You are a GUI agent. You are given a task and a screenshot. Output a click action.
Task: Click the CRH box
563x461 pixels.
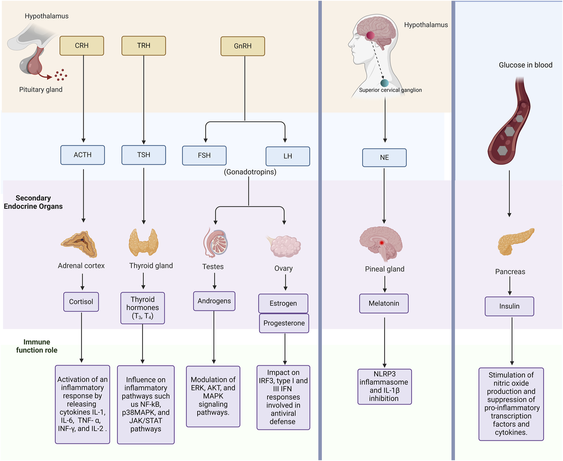tap(82, 46)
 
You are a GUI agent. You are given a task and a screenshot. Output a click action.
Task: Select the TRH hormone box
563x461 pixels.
tap(144, 46)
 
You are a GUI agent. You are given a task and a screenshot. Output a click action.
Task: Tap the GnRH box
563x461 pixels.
tap(243, 46)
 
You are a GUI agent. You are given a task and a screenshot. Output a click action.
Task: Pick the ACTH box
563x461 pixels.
tap(83, 155)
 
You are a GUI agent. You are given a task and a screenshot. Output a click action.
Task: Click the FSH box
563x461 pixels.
tap(204, 156)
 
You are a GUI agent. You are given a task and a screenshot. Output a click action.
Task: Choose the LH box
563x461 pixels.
tap(288, 156)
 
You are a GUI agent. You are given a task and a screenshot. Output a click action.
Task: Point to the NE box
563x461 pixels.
tap(384, 157)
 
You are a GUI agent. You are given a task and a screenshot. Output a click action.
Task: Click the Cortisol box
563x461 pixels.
tap(81, 302)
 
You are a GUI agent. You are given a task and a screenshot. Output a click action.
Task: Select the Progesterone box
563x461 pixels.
tap(284, 323)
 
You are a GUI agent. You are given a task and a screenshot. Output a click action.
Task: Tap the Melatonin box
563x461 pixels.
tap(384, 304)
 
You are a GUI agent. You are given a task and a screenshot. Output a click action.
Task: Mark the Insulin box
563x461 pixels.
tap(509, 306)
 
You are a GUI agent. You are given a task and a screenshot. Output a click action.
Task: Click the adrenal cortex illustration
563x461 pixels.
tap(79, 244)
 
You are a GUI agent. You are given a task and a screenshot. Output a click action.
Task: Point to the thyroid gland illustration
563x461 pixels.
tap(144, 242)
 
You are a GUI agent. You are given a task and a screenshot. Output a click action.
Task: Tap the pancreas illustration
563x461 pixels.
tap(516, 241)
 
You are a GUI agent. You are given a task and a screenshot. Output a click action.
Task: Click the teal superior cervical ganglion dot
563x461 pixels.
tap(384, 83)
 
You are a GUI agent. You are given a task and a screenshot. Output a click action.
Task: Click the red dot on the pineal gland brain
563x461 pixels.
tap(382, 243)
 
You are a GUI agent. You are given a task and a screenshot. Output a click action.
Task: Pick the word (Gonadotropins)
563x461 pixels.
tap(250, 172)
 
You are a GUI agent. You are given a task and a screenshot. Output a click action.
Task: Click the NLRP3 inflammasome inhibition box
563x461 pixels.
tap(384, 387)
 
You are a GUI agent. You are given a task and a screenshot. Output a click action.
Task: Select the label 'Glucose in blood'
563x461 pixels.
tap(526, 65)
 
